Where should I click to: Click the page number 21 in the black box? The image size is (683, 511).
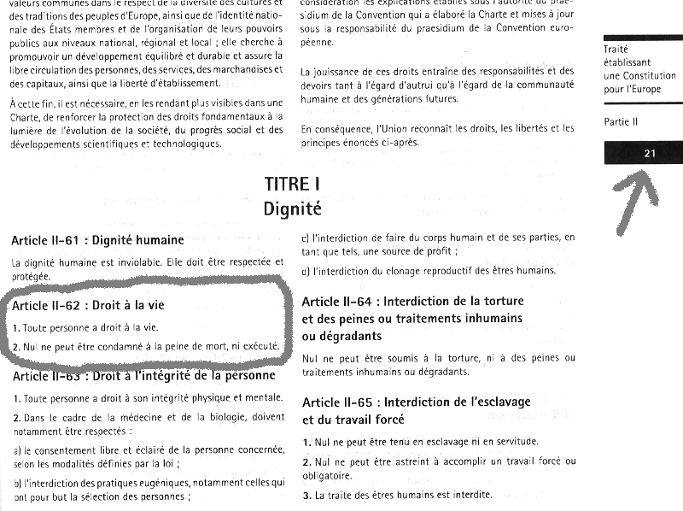point(650,153)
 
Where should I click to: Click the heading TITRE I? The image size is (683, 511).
point(292,184)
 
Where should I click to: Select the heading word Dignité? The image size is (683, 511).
point(292,208)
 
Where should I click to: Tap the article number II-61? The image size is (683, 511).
point(70,240)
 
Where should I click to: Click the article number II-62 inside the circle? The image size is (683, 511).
point(70,304)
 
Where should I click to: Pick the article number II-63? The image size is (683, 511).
point(70,376)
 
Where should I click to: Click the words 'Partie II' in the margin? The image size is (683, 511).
point(621,122)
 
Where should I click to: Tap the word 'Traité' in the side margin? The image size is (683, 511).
point(616,50)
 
